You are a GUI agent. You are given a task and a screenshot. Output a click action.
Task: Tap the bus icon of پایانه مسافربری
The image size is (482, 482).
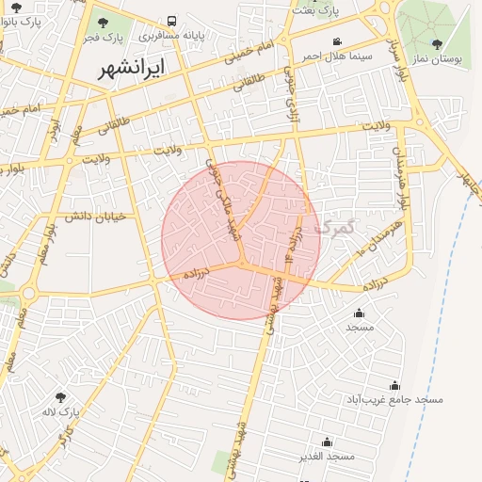[171, 21]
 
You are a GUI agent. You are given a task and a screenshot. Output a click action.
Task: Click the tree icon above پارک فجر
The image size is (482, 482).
[103, 23]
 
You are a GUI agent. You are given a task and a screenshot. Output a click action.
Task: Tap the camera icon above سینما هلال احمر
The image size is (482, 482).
[338, 40]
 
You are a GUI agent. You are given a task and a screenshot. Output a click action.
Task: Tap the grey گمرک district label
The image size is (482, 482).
[337, 227]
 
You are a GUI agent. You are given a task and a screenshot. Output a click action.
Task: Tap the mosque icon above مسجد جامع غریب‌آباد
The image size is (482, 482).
[394, 385]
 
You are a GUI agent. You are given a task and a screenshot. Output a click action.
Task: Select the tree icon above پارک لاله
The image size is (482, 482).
[61, 397]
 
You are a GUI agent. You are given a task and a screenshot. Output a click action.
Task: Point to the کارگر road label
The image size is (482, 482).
[65, 435]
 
